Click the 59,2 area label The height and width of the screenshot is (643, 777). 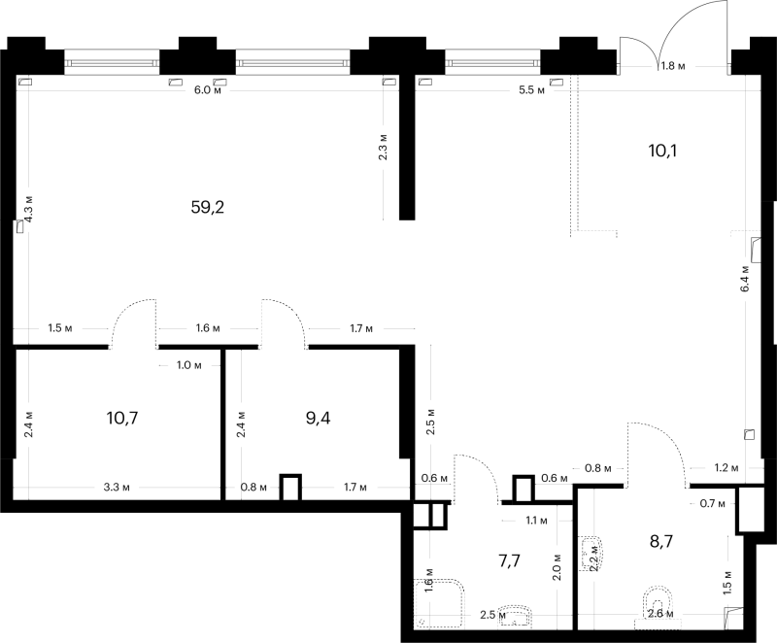click(x=208, y=207)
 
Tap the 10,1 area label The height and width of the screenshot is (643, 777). click(x=662, y=151)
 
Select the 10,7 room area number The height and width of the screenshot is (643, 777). click(x=122, y=418)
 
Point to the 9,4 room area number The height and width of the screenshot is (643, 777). click(x=319, y=418)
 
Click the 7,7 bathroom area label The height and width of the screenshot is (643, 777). click(x=509, y=560)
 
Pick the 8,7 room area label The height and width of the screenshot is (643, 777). click(x=661, y=541)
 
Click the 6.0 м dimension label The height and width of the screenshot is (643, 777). click(x=207, y=89)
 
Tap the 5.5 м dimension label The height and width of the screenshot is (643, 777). click(x=531, y=90)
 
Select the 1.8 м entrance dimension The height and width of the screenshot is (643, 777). click(x=673, y=65)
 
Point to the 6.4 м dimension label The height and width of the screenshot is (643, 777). click(x=745, y=279)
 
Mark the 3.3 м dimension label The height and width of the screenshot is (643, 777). click(x=117, y=488)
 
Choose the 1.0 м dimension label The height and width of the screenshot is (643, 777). click(x=188, y=365)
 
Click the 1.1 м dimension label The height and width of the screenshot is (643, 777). click(x=536, y=521)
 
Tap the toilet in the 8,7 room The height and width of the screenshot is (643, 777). click(x=658, y=608)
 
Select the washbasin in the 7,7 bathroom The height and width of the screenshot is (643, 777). click(x=516, y=616)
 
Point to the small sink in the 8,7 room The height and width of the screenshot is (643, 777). click(x=591, y=554)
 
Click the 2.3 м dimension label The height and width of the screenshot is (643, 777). click(x=383, y=147)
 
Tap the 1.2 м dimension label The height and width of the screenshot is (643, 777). click(x=726, y=467)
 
